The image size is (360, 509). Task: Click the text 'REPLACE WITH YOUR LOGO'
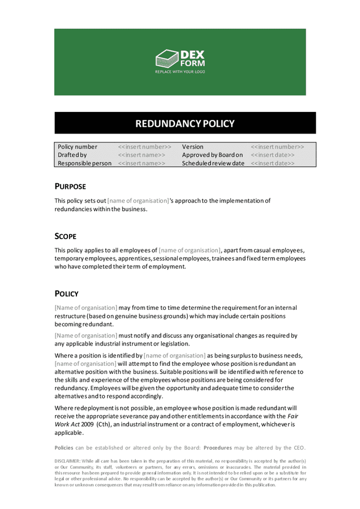(x=179, y=72)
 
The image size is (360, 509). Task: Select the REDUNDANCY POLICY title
(x=179, y=123)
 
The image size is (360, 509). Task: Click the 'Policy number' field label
(x=78, y=147)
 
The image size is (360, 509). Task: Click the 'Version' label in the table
(x=192, y=147)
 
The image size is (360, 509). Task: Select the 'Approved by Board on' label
(x=212, y=155)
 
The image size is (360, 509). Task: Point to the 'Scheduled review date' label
(x=213, y=163)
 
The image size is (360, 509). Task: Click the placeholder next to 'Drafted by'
(x=142, y=155)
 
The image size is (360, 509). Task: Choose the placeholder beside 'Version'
(x=277, y=147)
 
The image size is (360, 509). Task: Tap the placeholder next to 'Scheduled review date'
(x=272, y=163)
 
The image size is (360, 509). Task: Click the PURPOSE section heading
(x=70, y=186)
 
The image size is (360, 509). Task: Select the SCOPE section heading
(x=66, y=236)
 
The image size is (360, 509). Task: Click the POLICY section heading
(x=67, y=294)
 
